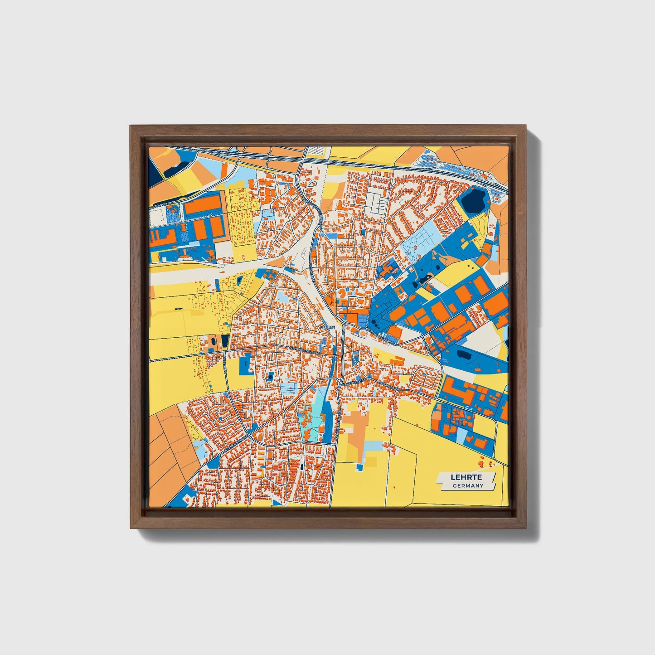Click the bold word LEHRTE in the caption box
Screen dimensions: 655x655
[466, 477]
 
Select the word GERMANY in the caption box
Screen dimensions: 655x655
[468, 485]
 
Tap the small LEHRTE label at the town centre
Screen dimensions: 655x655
[327, 326]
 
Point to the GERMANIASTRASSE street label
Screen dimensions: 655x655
[380, 335]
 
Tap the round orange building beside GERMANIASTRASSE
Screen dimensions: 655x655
[363, 334]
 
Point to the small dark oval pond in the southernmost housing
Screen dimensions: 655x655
[301, 466]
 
